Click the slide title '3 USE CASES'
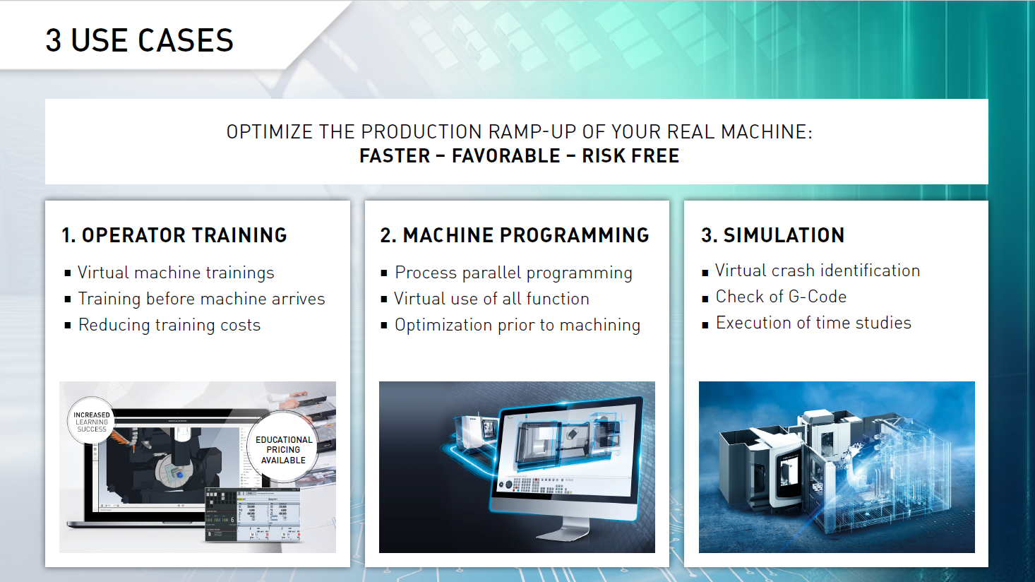pos(139,40)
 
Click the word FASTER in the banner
pos(395,156)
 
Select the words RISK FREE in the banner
pos(630,156)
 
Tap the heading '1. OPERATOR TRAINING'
pos(174,235)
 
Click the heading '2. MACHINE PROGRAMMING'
pos(515,235)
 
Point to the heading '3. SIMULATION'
pos(773,235)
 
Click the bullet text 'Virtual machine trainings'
pos(176,273)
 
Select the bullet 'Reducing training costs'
pos(169,325)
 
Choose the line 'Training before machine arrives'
pos(201,299)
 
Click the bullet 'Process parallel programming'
pos(513,273)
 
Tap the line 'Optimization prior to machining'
pos(517,325)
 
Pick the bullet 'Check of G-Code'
pos(781,297)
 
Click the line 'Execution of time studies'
pos(813,323)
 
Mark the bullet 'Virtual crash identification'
pos(818,271)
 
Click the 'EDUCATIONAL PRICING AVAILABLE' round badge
pos(284,450)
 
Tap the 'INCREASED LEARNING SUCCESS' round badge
pos(92,422)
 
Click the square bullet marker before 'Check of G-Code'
pos(705,299)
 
